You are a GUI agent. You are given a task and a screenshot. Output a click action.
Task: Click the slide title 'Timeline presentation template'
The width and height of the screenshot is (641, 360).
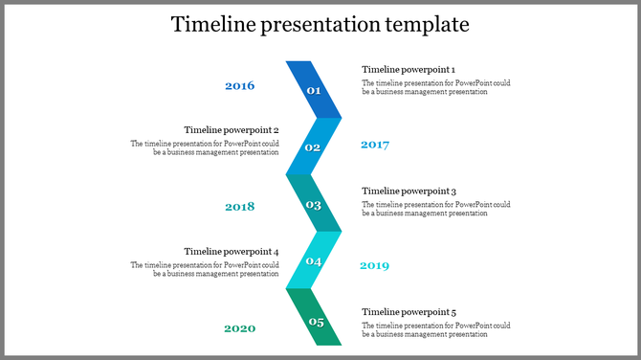320,25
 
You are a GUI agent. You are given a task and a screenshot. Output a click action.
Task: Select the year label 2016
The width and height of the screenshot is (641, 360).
239,86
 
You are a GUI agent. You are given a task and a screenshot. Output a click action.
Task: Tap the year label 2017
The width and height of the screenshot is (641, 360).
374,145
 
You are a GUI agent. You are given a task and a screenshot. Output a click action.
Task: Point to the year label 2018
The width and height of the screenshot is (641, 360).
239,207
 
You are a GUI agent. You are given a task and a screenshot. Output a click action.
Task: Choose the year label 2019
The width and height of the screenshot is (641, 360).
374,265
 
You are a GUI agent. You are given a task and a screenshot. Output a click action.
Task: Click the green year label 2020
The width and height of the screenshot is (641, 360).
239,328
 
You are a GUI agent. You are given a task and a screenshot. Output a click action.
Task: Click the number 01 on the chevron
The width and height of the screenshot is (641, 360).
313,90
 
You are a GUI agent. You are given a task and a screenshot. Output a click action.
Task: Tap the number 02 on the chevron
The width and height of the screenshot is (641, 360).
313,147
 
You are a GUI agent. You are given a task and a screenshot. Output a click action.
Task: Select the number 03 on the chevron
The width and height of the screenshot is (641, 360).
313,205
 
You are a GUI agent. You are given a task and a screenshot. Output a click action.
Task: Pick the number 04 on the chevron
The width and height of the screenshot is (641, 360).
314,261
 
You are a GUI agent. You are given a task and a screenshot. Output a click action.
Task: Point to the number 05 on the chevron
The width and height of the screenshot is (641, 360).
316,322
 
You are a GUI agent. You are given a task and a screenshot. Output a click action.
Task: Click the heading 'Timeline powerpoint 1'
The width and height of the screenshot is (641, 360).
408,70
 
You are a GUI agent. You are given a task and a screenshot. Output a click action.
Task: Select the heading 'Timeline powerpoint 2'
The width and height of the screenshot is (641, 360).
232,130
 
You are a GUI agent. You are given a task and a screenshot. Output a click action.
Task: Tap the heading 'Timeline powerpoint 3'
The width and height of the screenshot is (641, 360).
408,191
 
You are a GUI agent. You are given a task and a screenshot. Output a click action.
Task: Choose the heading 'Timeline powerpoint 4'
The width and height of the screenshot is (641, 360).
232,252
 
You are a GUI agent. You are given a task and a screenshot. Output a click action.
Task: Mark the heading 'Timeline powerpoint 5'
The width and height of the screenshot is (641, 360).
408,312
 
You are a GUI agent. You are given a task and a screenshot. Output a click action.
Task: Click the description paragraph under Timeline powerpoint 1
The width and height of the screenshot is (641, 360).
435,87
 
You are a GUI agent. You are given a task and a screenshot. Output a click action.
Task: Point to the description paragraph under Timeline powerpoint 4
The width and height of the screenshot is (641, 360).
205,269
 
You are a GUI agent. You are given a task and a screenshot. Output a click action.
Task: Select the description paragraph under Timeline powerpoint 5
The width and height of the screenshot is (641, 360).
435,329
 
